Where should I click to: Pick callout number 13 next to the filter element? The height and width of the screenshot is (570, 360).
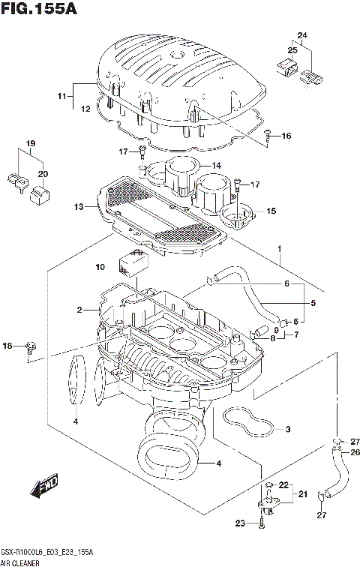(79, 207)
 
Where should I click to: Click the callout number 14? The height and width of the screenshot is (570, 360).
(215, 166)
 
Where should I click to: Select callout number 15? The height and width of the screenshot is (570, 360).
(271, 211)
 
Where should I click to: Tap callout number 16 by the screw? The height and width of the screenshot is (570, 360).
(286, 136)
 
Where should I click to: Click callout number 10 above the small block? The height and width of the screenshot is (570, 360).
(100, 267)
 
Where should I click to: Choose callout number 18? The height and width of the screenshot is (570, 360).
(8, 346)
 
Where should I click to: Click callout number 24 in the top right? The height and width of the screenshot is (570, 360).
(302, 36)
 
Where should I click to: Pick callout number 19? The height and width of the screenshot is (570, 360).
(31, 143)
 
